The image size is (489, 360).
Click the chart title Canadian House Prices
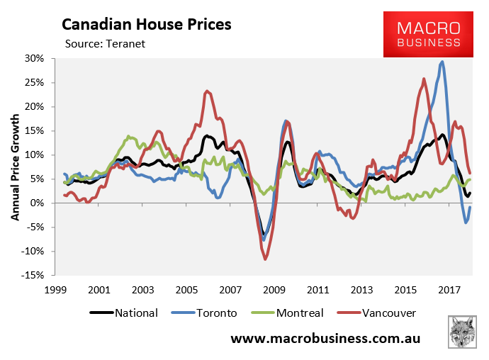[x=147, y=25]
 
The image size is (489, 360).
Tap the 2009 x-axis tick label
[x=274, y=289]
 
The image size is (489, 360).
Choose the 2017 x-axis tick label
[x=449, y=289]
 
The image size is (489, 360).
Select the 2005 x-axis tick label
[x=186, y=289]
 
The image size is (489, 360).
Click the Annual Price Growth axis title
[x=15, y=167]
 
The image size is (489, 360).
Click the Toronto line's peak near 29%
[x=443, y=62]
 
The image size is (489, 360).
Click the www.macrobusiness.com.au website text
[x=326, y=338]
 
